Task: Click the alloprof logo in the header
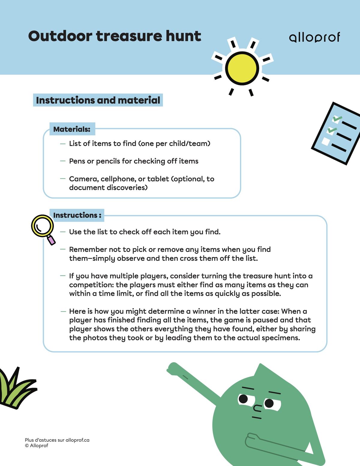point(314,38)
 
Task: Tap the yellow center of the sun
point(242,68)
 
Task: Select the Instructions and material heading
point(98,100)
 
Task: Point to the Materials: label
point(72,129)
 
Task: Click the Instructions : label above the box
point(77,215)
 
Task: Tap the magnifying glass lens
point(42,226)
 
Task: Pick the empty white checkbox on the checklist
point(325,141)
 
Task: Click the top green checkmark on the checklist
point(337,119)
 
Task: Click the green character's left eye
point(243,399)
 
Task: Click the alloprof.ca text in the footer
point(77,440)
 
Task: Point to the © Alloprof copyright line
point(37,446)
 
